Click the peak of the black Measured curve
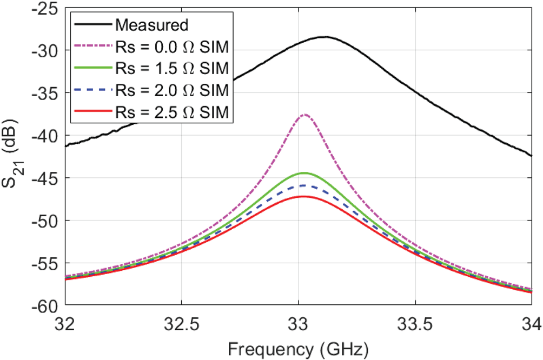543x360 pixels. tap(324, 37)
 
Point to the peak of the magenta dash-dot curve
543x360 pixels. tap(305, 114)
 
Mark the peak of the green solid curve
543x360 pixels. tap(304, 173)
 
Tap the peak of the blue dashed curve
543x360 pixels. tap(303, 185)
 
